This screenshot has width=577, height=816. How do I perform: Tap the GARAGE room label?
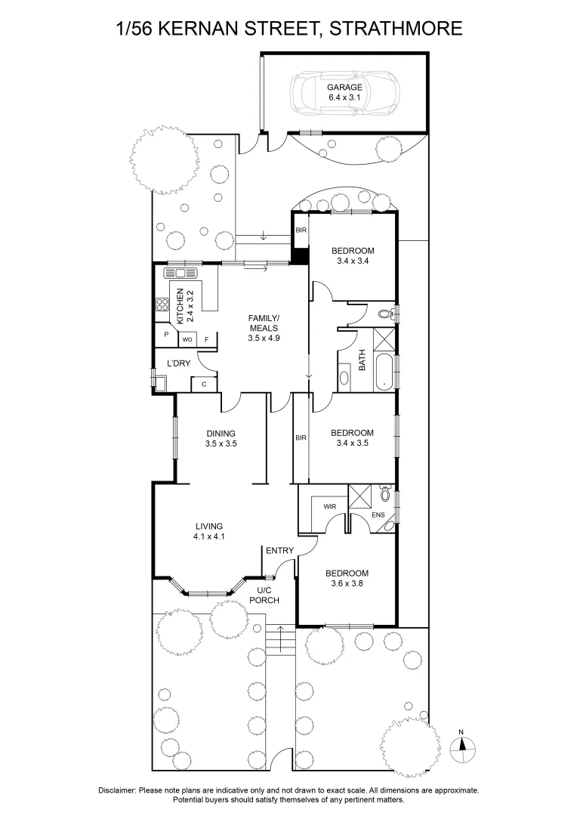344,88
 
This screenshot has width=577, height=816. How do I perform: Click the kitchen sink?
181,273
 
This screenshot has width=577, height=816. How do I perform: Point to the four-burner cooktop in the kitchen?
162,304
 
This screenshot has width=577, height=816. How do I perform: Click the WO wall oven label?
187,340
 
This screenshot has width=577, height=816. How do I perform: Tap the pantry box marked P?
166,335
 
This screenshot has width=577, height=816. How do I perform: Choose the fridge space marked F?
206,340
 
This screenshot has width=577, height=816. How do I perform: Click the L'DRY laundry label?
178,363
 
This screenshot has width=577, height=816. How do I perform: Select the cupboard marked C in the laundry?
204,384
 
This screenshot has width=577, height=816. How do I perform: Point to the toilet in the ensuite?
384,493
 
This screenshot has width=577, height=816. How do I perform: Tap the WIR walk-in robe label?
330,506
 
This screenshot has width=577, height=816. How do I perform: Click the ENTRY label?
280,550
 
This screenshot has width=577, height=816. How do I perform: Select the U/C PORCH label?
264,595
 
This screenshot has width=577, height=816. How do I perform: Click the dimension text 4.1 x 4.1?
209,536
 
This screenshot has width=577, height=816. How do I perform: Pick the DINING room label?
221,433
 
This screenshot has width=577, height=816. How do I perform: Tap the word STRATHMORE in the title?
396,28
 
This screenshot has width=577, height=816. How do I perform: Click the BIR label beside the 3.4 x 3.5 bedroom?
301,438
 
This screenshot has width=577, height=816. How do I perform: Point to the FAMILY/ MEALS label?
264,323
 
